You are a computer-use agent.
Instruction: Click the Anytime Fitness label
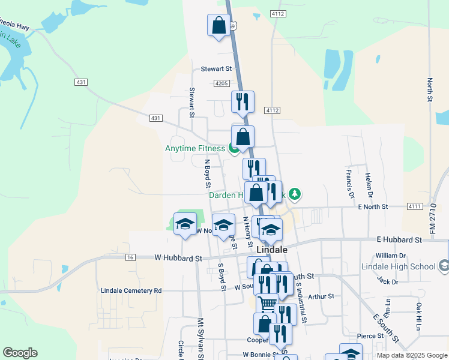coord(195,149)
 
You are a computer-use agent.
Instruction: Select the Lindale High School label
coord(399,266)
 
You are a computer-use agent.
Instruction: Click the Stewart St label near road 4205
coord(216,68)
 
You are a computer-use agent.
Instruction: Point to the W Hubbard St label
coord(178,258)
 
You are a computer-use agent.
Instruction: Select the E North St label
coord(373,206)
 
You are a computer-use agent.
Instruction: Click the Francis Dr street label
coord(349,183)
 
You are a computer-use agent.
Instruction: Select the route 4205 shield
coord(221,83)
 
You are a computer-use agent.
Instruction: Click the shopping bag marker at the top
coord(218,26)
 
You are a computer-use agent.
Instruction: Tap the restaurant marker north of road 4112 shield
coord(243,102)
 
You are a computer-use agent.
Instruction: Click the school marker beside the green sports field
coord(185,225)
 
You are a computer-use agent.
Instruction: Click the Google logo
coord(20,353)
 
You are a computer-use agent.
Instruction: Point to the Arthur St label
coord(320,296)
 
